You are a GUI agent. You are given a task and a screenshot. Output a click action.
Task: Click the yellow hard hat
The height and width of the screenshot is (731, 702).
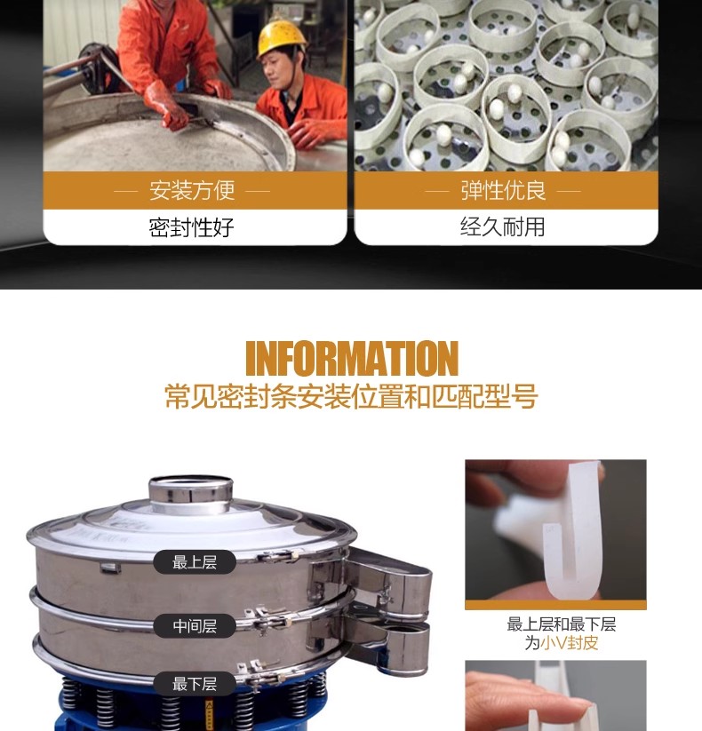(282, 37)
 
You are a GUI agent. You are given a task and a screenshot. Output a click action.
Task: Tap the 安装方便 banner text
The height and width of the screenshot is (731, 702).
(192, 190)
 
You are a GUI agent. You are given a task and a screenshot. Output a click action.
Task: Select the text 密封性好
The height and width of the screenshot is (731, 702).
(191, 227)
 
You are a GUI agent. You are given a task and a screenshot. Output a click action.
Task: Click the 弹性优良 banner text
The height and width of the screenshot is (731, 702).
(503, 190)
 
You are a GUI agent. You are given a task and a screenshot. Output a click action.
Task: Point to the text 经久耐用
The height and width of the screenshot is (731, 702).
(503, 227)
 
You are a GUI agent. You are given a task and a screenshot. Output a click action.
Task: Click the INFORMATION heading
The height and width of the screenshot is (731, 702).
(352, 358)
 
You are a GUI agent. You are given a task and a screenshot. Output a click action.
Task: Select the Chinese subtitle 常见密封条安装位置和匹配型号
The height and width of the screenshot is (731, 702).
(351, 397)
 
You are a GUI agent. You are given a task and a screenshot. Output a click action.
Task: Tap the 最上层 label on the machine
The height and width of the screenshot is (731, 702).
(195, 562)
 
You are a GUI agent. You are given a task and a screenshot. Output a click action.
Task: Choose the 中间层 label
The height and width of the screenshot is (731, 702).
(195, 626)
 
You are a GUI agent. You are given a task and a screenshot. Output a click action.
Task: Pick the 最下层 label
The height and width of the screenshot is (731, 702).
(195, 684)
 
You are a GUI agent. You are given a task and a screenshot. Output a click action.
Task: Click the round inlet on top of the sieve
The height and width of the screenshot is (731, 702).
(191, 494)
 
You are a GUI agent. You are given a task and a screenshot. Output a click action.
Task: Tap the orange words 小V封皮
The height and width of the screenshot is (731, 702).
(569, 643)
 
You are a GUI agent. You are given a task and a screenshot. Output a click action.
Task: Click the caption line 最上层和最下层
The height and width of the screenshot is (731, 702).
(562, 624)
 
